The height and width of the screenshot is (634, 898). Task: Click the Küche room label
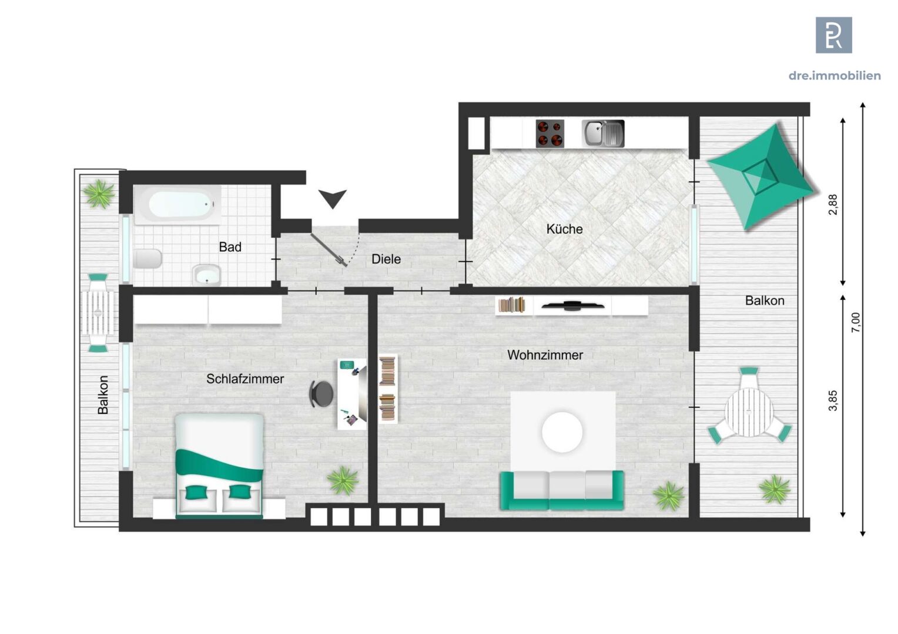pyautogui.click(x=564, y=229)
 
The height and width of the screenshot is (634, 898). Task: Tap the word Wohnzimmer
pyautogui.click(x=545, y=355)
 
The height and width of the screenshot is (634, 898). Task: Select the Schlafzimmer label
pyautogui.click(x=245, y=379)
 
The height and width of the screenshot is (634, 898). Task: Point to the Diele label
pyautogui.click(x=386, y=259)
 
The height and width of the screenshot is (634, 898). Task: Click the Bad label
pyautogui.click(x=230, y=247)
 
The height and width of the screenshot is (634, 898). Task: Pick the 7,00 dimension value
pyautogui.click(x=856, y=322)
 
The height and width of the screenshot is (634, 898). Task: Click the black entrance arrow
pyautogui.click(x=333, y=197)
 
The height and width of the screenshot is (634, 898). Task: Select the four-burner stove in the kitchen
pyautogui.click(x=549, y=133)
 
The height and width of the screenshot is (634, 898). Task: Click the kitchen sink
pyautogui.click(x=603, y=133)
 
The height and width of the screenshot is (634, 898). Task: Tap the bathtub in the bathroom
pyautogui.click(x=178, y=205)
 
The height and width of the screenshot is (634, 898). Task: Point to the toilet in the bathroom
pyautogui.click(x=148, y=259)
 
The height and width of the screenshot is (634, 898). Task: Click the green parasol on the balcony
pyautogui.click(x=760, y=176)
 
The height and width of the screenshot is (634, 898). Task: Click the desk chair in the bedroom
pyautogui.click(x=321, y=394)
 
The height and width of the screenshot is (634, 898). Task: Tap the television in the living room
pyautogui.click(x=573, y=306)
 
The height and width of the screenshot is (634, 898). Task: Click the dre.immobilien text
pyautogui.click(x=835, y=76)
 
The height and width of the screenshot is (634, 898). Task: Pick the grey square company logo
pyautogui.click(x=834, y=35)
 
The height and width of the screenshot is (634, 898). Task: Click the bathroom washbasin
pyautogui.click(x=207, y=275)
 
